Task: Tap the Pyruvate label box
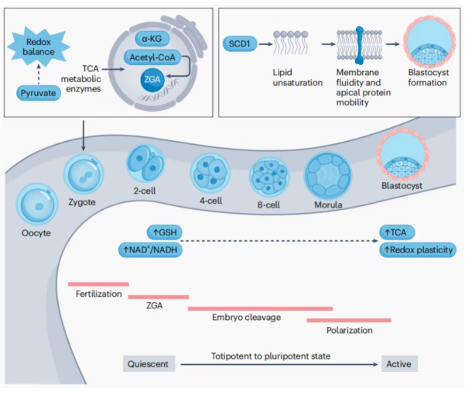(41, 94)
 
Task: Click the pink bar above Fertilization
(98, 284)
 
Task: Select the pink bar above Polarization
(349, 319)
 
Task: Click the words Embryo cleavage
(245, 318)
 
